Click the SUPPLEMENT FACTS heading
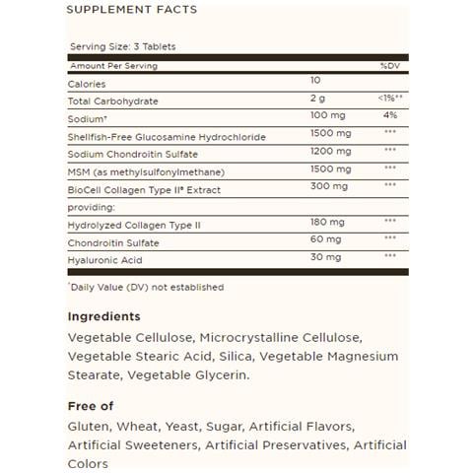(x=131, y=10)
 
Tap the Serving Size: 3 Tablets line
(x=123, y=46)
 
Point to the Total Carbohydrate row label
(x=112, y=101)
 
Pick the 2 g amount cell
(x=315, y=100)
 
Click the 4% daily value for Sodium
(x=388, y=116)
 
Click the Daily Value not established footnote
(x=146, y=287)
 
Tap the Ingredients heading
(x=104, y=316)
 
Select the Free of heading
(x=91, y=405)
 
